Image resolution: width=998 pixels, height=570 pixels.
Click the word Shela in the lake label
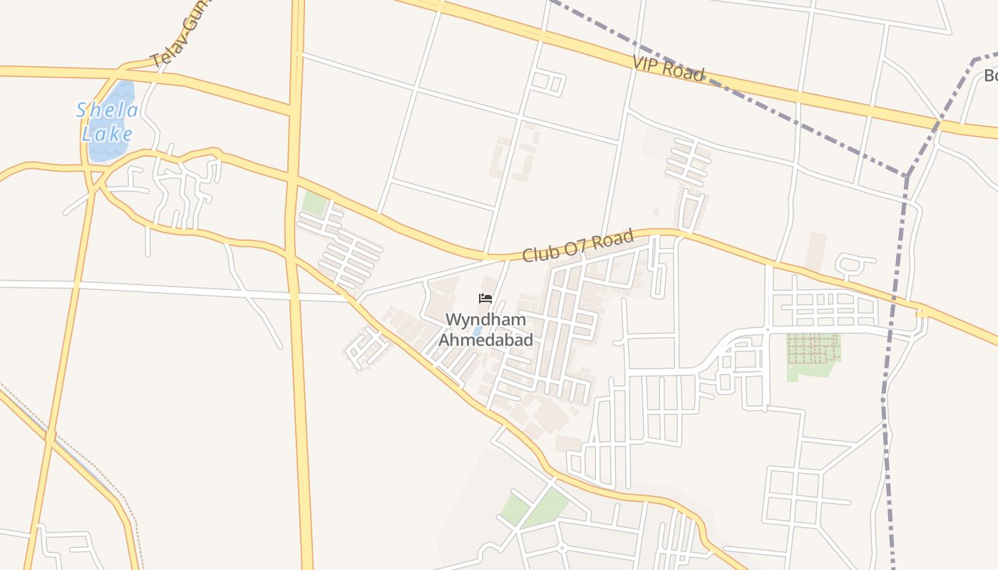tap(107, 110)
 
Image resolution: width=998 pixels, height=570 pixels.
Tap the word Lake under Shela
tap(107, 134)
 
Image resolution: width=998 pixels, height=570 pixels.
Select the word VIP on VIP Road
tap(647, 64)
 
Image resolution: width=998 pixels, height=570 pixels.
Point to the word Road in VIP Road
tap(684, 71)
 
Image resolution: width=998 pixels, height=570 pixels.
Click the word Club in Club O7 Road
tap(539, 252)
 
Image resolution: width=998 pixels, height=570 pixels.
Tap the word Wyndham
tap(485, 320)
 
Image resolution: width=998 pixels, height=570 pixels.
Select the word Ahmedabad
tap(485, 340)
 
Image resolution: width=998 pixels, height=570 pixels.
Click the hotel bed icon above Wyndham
tap(485, 299)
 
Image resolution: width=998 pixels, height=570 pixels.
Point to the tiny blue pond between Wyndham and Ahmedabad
tap(475, 331)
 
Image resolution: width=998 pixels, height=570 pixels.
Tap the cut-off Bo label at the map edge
tap(990, 76)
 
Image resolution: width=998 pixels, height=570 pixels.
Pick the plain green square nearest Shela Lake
tap(314, 202)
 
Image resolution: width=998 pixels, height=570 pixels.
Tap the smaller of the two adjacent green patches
tap(514, 509)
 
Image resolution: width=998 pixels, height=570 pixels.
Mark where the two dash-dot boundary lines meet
tap(907, 175)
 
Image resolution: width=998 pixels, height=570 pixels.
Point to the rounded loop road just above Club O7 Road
tap(853, 266)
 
